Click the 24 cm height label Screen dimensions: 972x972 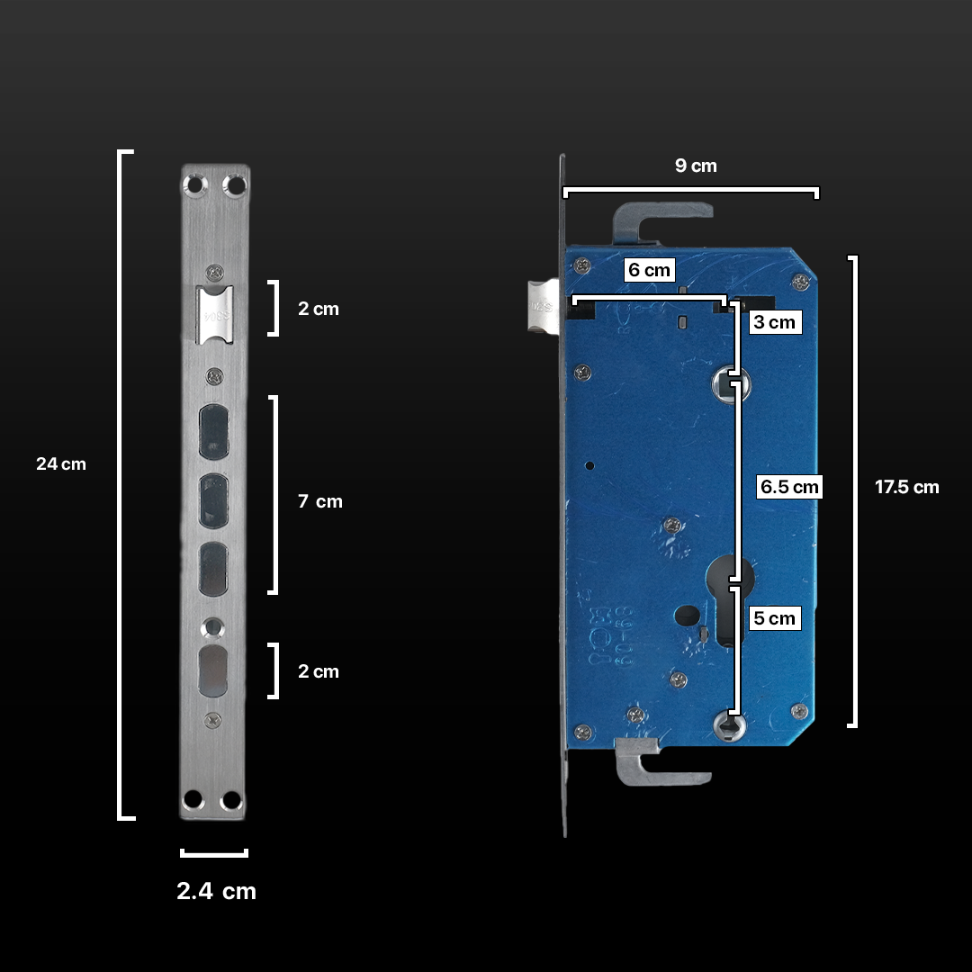pos(61,464)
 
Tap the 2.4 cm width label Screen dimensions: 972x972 pos(216,891)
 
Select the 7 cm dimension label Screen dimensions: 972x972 pos(320,501)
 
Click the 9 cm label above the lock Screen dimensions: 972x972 pos(696,166)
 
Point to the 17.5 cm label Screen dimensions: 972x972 pos(906,488)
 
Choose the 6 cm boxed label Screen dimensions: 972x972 pos(649,270)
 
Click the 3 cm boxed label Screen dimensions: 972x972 pos(774,322)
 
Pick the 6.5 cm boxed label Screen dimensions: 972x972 pos(790,487)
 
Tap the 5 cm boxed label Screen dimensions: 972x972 pos(774,618)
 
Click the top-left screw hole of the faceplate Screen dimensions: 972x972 pos(193,184)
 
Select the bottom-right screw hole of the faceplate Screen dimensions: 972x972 pos(231,800)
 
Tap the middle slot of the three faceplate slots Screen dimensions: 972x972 pos(214,501)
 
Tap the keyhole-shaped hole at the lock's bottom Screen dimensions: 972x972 pos(729,725)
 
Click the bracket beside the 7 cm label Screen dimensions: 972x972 pos(274,495)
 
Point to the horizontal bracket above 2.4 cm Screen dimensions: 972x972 pos(214,853)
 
